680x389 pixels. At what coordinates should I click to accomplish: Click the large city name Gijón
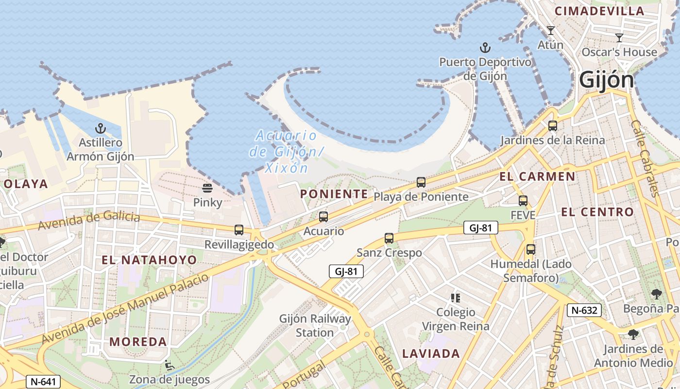coord(607,81)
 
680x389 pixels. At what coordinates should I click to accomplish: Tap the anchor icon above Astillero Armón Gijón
coord(100,129)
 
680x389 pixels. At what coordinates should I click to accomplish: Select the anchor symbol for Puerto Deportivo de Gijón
coord(485,48)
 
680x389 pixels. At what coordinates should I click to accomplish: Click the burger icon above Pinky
coord(207,188)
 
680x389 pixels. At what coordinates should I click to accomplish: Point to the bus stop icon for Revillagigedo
coord(238,230)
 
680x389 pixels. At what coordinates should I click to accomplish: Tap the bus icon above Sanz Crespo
coord(389,238)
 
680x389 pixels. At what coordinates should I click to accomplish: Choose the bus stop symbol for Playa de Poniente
coord(421,182)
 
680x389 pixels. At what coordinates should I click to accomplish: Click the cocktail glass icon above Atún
coord(550,31)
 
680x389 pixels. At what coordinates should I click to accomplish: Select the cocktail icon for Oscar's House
coord(619,37)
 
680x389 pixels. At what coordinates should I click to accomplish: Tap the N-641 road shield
coord(43,382)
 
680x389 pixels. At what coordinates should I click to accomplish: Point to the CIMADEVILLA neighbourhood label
coord(599,11)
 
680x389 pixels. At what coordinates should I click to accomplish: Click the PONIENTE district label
coord(334,194)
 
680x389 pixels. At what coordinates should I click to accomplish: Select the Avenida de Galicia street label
coord(89,221)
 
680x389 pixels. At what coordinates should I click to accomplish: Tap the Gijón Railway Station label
coord(315,326)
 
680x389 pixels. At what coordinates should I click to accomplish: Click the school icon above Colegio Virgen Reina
coord(455,298)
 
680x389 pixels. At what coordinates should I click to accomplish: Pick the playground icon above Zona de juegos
coord(169,365)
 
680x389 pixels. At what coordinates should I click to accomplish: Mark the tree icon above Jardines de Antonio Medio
coord(633,334)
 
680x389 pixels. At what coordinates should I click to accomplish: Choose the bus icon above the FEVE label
coord(523,200)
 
